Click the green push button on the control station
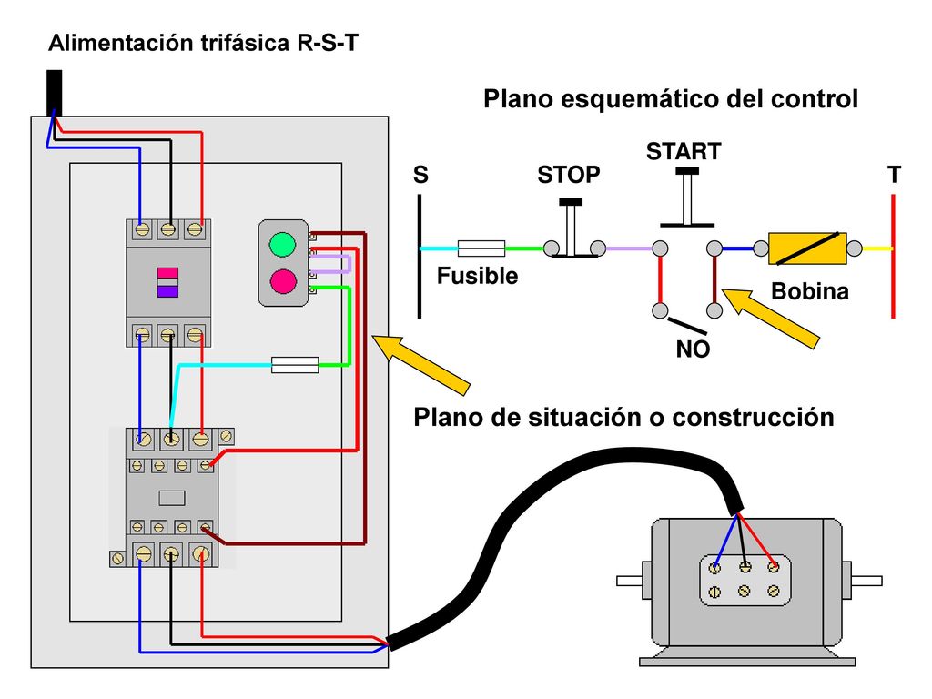(282, 244)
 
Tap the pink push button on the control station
(283, 281)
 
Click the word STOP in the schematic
(568, 175)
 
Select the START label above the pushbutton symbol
(684, 152)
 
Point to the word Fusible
(477, 276)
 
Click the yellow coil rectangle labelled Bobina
(807, 248)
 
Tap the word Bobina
(809, 291)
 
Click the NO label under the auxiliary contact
(693, 349)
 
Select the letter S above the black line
(420, 175)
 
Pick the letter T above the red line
(894, 175)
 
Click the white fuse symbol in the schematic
(481, 248)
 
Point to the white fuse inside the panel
(295, 364)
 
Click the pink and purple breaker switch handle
(167, 282)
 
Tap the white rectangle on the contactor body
(172, 498)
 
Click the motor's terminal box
(745, 580)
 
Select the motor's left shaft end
(630, 581)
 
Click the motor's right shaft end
(866, 581)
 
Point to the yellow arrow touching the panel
(420, 365)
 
